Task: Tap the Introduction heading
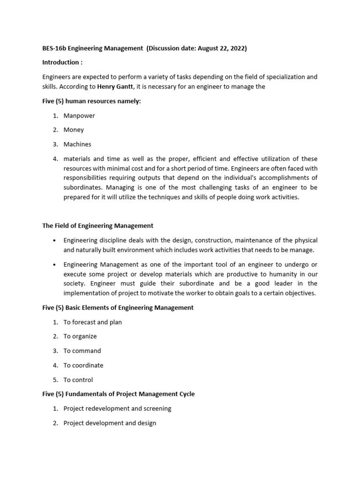pyautogui.click(x=61, y=62)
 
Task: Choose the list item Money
pyautogui.click(x=74, y=130)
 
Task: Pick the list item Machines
pyautogui.click(x=77, y=144)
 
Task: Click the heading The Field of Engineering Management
pyautogui.click(x=98, y=226)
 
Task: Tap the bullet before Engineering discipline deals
pyautogui.click(x=55, y=240)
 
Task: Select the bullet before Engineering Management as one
pyautogui.click(x=55, y=264)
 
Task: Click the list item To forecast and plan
pyautogui.click(x=93, y=322)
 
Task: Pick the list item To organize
pyautogui.click(x=80, y=336)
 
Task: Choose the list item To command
pyautogui.click(x=82, y=351)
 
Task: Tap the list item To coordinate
pyautogui.click(x=83, y=365)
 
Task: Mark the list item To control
pyautogui.click(x=78, y=380)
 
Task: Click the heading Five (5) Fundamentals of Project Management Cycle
pyautogui.click(x=119, y=394)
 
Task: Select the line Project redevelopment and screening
pyautogui.click(x=117, y=408)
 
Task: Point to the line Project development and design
pyautogui.click(x=110, y=423)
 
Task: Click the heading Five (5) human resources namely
pyautogui.click(x=91, y=101)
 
